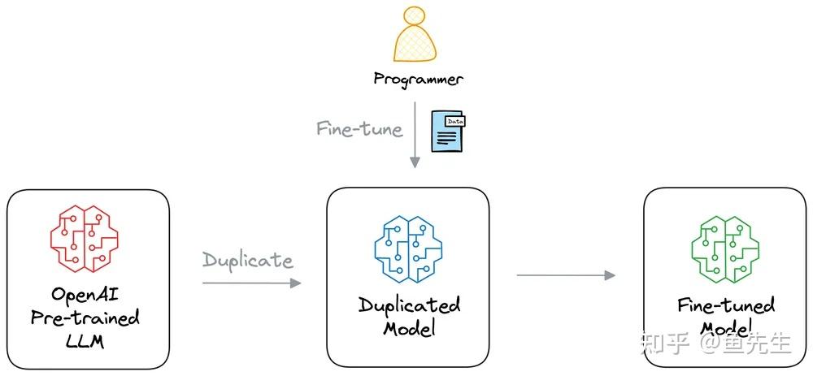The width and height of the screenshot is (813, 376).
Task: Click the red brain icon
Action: [x=85, y=240]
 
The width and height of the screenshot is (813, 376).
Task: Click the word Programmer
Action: [x=418, y=80]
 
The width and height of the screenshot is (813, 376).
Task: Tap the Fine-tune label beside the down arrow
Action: [x=359, y=129]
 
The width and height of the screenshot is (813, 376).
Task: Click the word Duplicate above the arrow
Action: [x=247, y=260]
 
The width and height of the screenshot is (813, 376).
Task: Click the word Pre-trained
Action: [x=85, y=318]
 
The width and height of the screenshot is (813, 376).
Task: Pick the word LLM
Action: [x=85, y=342]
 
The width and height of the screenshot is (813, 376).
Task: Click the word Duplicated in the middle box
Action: [x=409, y=305]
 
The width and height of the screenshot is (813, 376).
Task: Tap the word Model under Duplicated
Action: [x=409, y=329]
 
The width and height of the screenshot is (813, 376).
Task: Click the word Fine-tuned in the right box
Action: [x=726, y=305]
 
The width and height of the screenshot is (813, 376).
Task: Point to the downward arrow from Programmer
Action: [x=415, y=135]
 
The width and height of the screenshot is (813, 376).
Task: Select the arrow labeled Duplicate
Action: [x=251, y=283]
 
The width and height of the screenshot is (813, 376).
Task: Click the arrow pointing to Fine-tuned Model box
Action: [x=566, y=275]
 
